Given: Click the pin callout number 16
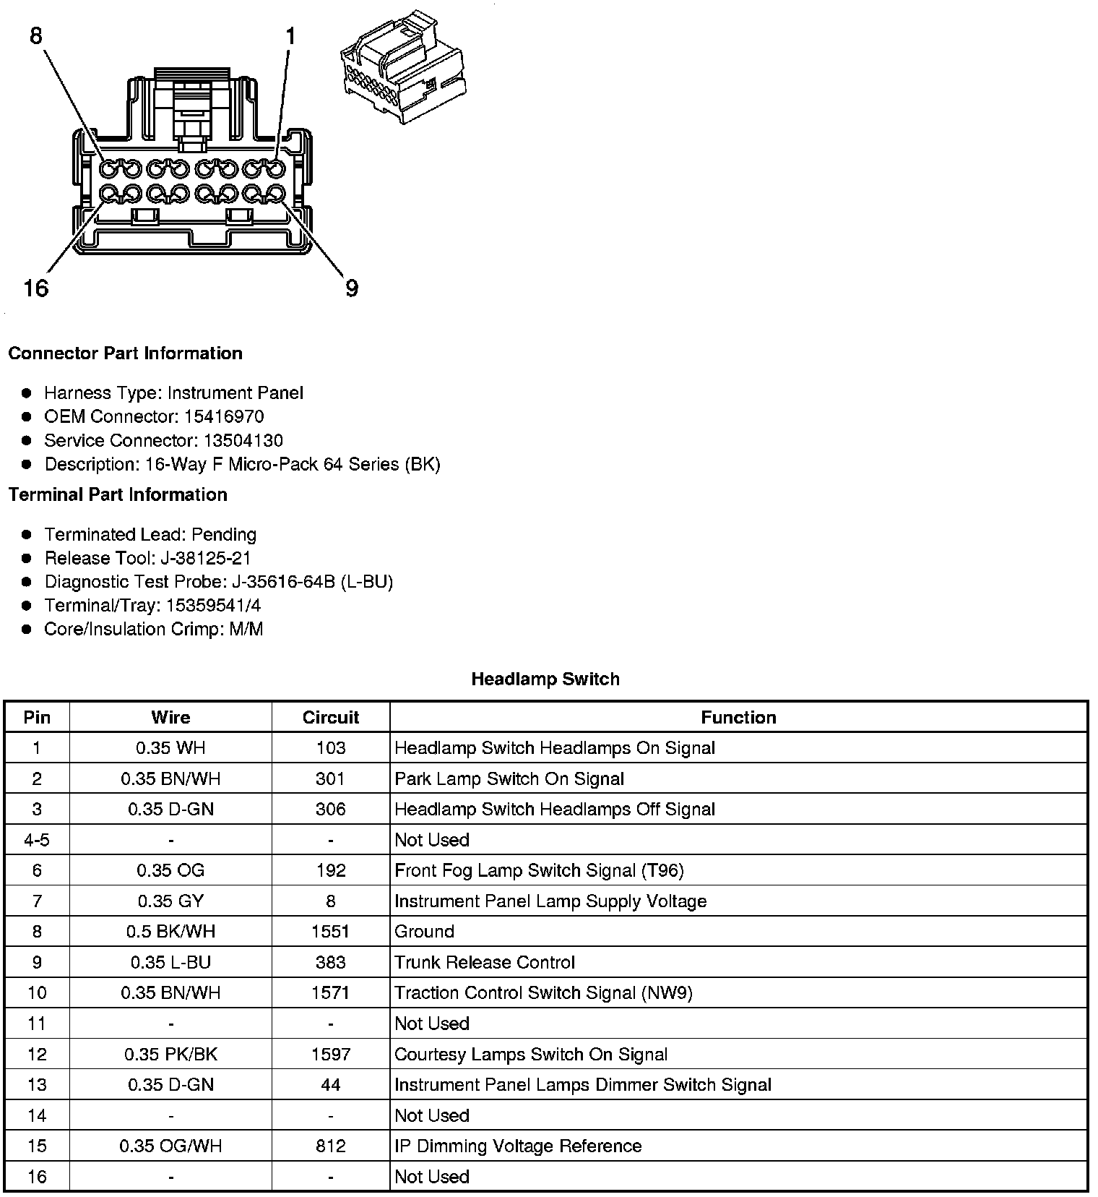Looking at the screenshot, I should pyautogui.click(x=35, y=288).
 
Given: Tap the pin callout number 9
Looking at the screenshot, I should pyautogui.click(x=351, y=288).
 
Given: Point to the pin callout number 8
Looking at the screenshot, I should pyautogui.click(x=36, y=35).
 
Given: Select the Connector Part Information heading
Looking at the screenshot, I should pyautogui.click(x=125, y=353).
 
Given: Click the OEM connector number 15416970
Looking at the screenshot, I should pyautogui.click(x=223, y=416).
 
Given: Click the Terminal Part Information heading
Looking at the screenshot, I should pyautogui.click(x=118, y=494).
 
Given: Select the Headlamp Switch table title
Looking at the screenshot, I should pyautogui.click(x=545, y=679).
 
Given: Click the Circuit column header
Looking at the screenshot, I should pyautogui.click(x=331, y=717).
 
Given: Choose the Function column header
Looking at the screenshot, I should pyautogui.click(x=738, y=717).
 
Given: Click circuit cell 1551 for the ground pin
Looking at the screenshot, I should pyautogui.click(x=331, y=931).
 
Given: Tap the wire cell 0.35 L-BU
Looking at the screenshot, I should pyautogui.click(x=170, y=962).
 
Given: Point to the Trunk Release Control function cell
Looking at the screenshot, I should pyautogui.click(x=485, y=962).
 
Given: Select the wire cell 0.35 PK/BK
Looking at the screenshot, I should pyautogui.click(x=170, y=1054).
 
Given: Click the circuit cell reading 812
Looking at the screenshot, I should pyautogui.click(x=331, y=1146).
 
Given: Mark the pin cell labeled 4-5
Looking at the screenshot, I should pyautogui.click(x=37, y=840).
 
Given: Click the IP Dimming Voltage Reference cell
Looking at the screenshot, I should pyautogui.click(x=518, y=1146).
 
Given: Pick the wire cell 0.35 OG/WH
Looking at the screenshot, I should pyautogui.click(x=170, y=1146).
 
